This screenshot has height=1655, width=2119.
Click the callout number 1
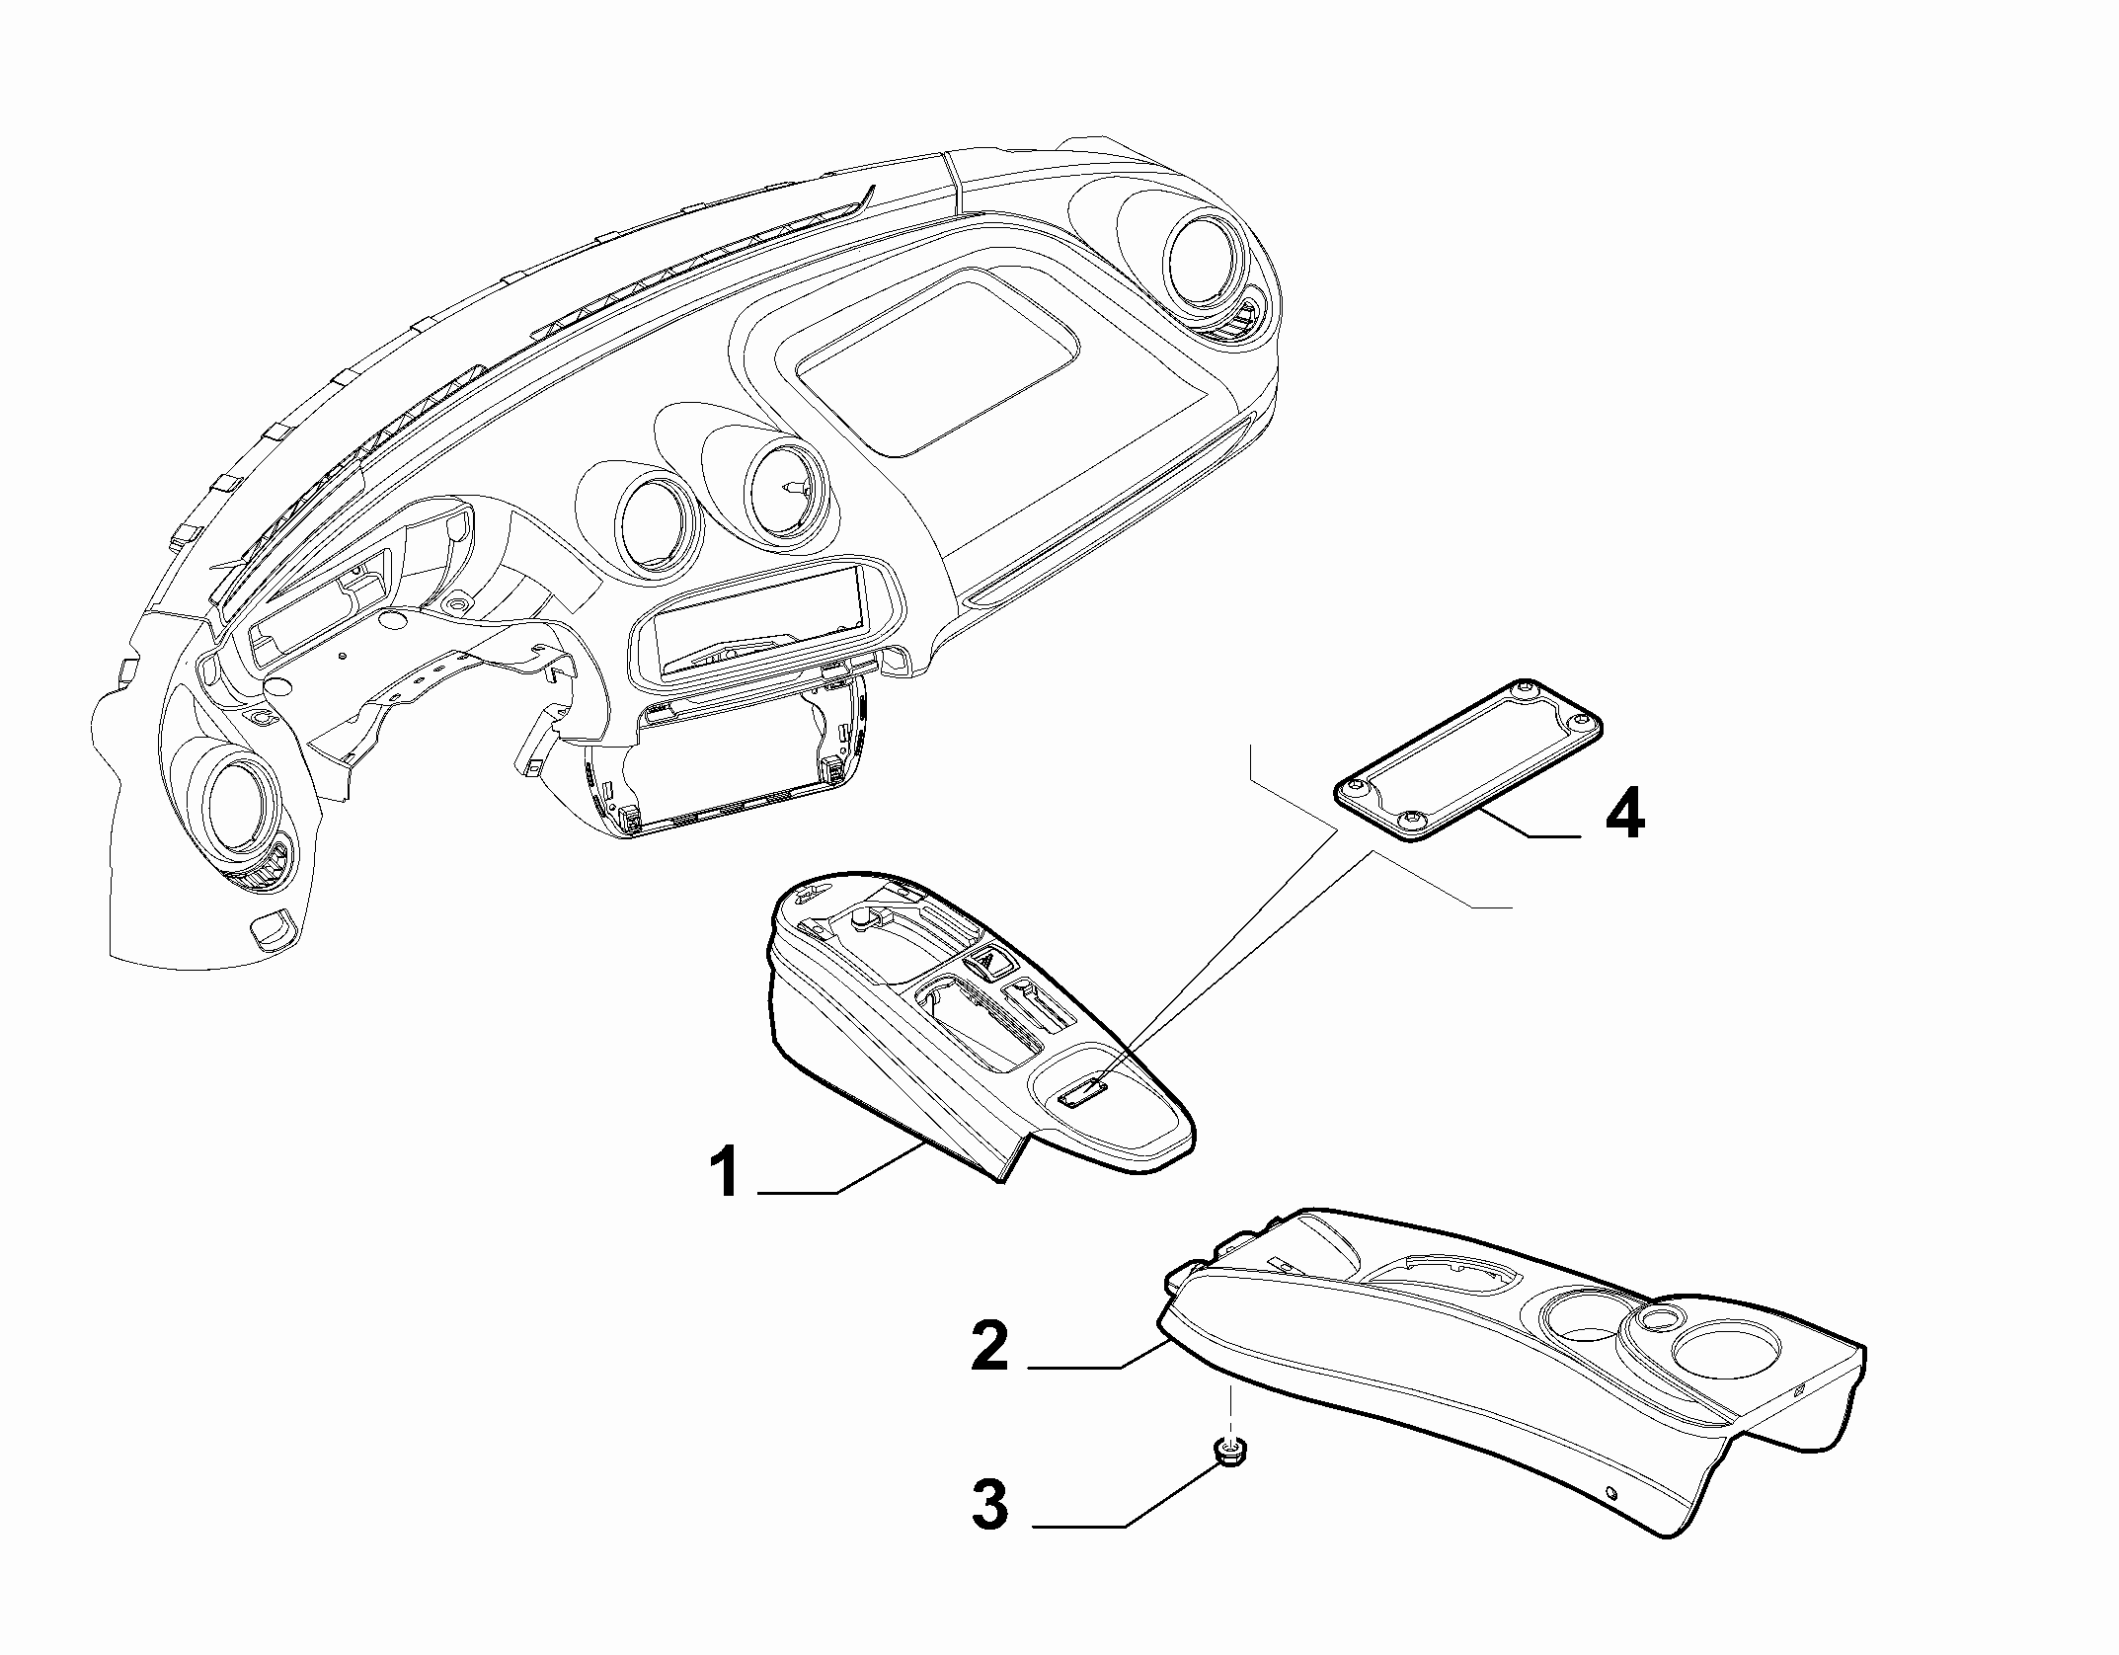(727, 1173)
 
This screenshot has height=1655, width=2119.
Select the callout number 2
(990, 1346)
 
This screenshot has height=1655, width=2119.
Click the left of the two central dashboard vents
(657, 523)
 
